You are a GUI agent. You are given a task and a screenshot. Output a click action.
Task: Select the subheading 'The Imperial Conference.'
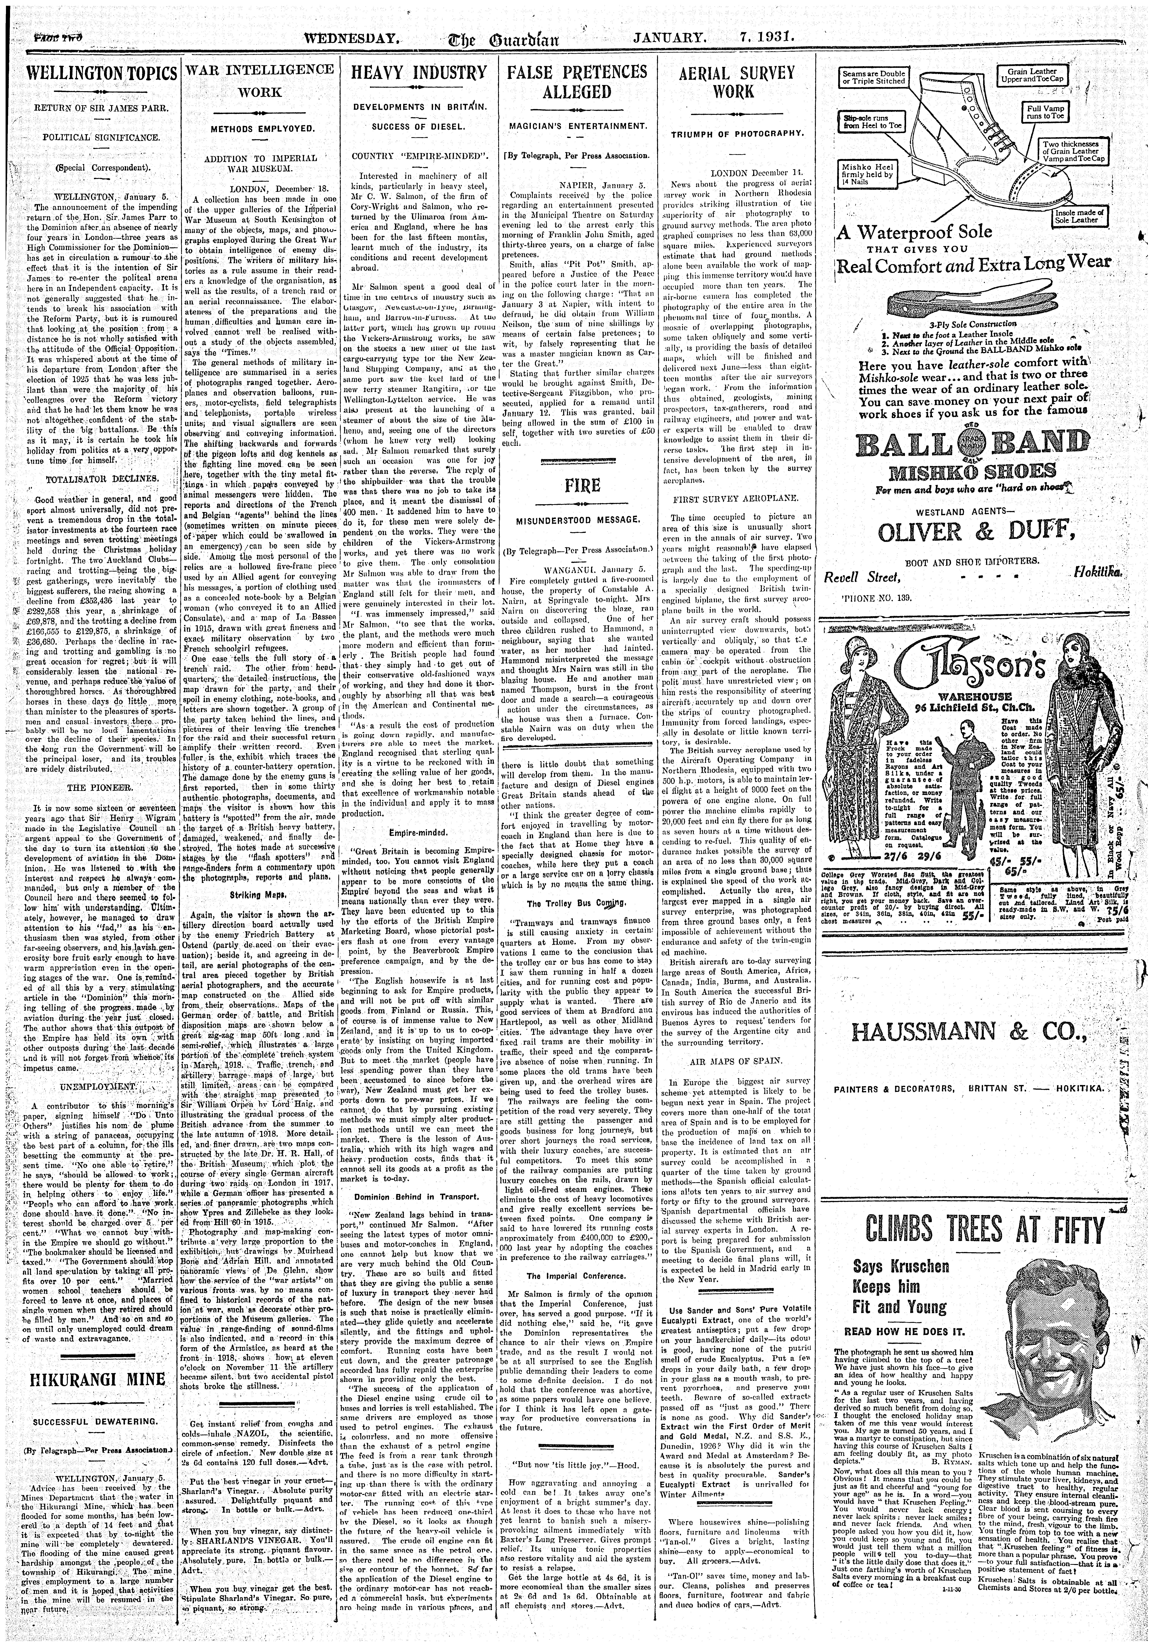coord(577,1276)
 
